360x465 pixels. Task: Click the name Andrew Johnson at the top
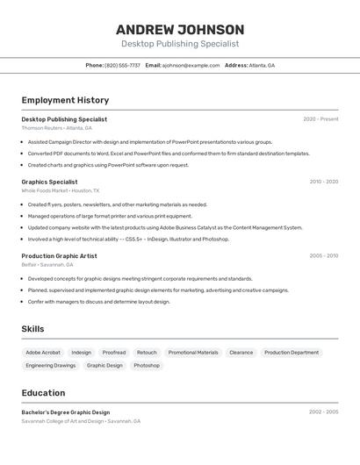(x=180, y=29)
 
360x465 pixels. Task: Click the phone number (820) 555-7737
(x=122, y=65)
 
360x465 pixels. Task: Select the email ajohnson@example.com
(x=191, y=65)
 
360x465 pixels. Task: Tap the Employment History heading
(x=65, y=100)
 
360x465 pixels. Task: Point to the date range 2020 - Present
(x=320, y=119)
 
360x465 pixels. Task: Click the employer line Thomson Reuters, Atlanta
(x=56, y=128)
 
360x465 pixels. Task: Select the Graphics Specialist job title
(x=49, y=182)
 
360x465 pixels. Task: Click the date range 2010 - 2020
(x=323, y=182)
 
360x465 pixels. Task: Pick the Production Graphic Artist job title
(x=59, y=256)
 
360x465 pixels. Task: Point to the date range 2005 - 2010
(x=323, y=256)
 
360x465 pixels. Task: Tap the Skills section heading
(x=33, y=329)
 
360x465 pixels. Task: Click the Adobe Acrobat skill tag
(x=43, y=353)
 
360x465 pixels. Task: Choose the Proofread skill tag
(x=114, y=353)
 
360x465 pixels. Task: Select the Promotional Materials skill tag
(x=193, y=353)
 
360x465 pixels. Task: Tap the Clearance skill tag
(x=241, y=353)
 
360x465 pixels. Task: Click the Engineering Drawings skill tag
(x=51, y=365)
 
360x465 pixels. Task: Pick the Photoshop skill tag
(x=147, y=365)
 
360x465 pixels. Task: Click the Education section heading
(x=43, y=393)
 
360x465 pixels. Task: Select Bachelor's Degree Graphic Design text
(x=66, y=412)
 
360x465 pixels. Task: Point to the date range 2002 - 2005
(x=323, y=412)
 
